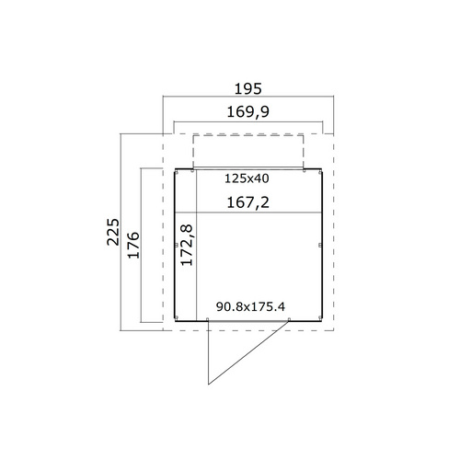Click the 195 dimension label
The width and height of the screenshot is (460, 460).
tap(248, 89)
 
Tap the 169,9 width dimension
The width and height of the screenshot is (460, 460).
tap(248, 111)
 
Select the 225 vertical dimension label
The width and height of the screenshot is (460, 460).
tap(113, 232)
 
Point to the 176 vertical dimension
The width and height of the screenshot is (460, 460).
tap(133, 246)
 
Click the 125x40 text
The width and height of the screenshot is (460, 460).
tap(247, 178)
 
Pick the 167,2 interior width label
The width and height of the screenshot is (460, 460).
tap(248, 202)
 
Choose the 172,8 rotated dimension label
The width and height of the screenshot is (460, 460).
tap(187, 245)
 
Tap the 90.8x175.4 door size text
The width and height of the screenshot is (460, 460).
tap(250, 306)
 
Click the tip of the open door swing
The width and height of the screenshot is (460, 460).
tap(209, 385)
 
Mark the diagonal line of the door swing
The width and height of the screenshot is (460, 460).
tap(248, 352)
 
